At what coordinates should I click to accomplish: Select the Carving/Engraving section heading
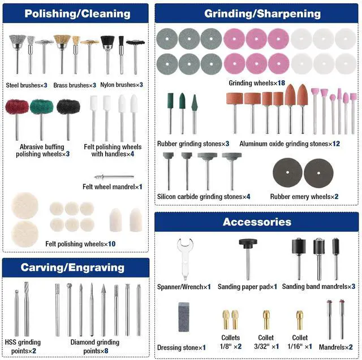75,267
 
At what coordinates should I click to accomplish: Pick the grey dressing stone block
183,315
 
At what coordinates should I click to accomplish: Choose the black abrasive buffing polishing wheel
68,107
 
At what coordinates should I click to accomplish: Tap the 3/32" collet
266,320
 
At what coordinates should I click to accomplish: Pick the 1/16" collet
301,320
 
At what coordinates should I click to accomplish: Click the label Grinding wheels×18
257,83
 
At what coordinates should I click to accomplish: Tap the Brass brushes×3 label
74,85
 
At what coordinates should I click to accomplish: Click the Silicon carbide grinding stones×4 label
204,196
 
